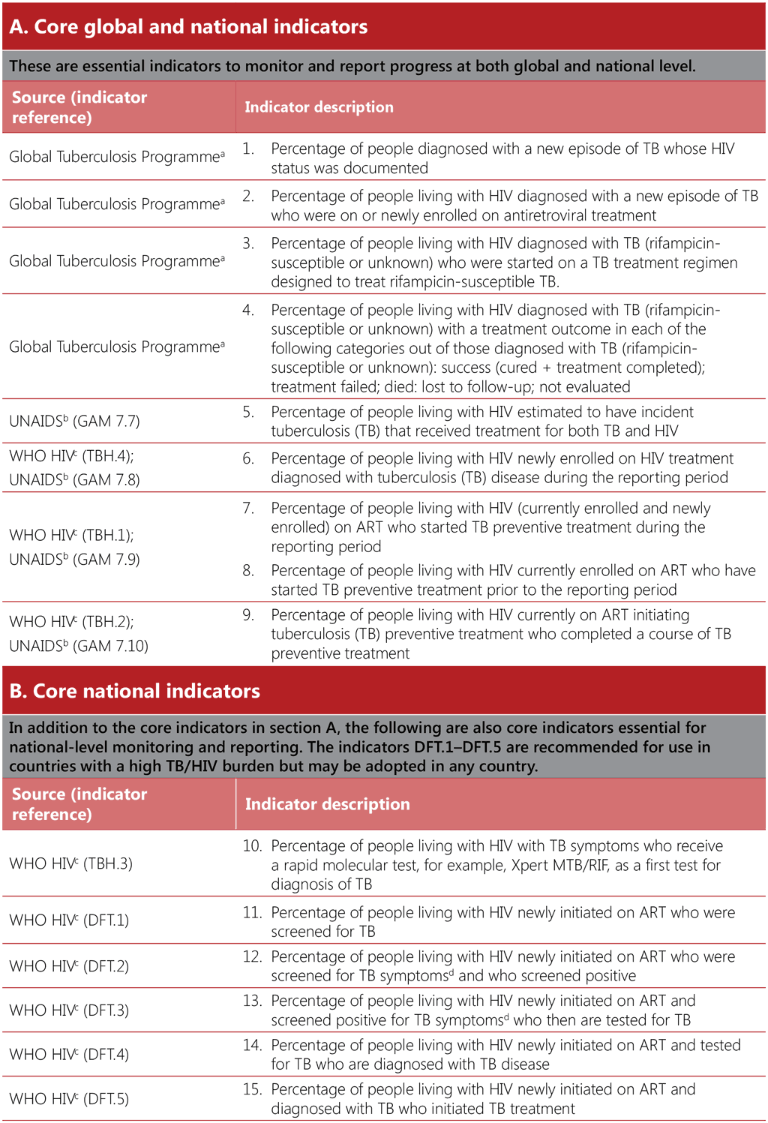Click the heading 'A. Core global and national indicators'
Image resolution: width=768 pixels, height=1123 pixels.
188,27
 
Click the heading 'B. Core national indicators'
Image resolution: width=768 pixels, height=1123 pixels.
135,691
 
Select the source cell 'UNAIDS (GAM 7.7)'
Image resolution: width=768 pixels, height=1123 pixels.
74,421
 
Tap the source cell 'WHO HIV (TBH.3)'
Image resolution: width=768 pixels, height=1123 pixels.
70,863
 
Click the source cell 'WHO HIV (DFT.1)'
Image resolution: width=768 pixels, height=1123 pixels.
69,920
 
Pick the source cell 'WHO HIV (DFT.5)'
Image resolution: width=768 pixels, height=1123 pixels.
69,1099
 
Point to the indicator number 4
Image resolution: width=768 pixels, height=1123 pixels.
248,310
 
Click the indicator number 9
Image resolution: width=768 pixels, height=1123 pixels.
248,615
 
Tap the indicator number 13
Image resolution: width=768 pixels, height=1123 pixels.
252,1001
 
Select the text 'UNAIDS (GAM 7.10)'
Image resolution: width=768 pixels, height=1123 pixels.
79,646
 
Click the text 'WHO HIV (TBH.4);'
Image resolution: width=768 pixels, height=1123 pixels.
71,456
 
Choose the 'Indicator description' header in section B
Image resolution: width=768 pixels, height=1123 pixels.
327,804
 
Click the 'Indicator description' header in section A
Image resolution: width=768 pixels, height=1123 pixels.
319,107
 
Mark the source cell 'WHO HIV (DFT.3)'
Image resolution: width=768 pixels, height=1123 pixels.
69,1010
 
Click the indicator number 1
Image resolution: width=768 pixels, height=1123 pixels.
248,149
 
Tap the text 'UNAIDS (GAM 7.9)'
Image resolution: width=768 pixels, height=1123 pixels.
74,560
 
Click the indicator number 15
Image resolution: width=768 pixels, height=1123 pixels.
252,1089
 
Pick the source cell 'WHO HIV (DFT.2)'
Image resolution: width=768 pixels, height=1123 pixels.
69,966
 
